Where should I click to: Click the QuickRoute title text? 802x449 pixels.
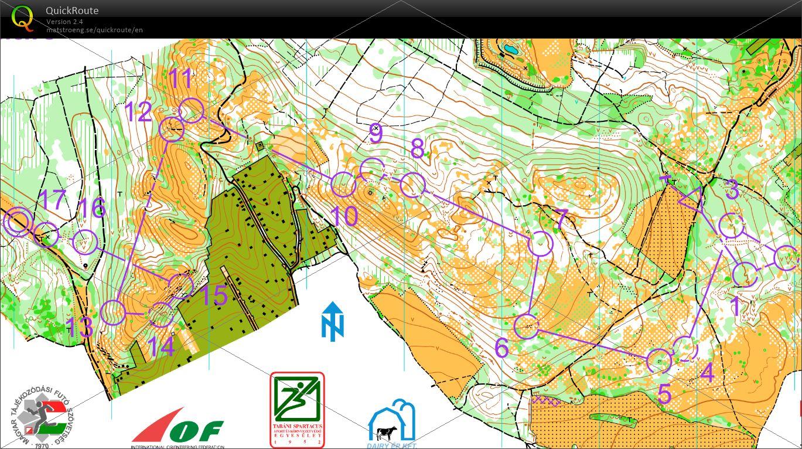(x=72, y=11)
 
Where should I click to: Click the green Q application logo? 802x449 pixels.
(x=22, y=18)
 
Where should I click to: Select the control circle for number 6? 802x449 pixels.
(x=526, y=326)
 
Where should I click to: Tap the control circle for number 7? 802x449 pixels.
(x=540, y=243)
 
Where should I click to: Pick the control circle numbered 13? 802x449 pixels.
(x=113, y=313)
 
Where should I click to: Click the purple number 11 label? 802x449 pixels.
(x=180, y=79)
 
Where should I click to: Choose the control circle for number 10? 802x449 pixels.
(x=343, y=185)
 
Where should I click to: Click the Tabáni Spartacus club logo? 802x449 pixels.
(x=297, y=410)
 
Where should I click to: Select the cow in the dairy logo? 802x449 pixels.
(x=386, y=433)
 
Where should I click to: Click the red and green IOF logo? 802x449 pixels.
(x=178, y=428)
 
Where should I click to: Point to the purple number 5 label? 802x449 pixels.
(x=664, y=394)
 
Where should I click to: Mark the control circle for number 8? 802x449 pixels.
(x=412, y=185)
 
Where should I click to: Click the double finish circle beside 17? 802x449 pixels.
(x=18, y=222)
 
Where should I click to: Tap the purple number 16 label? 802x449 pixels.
(x=91, y=208)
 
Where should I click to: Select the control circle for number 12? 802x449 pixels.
(x=172, y=130)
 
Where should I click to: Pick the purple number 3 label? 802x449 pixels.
(x=732, y=190)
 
